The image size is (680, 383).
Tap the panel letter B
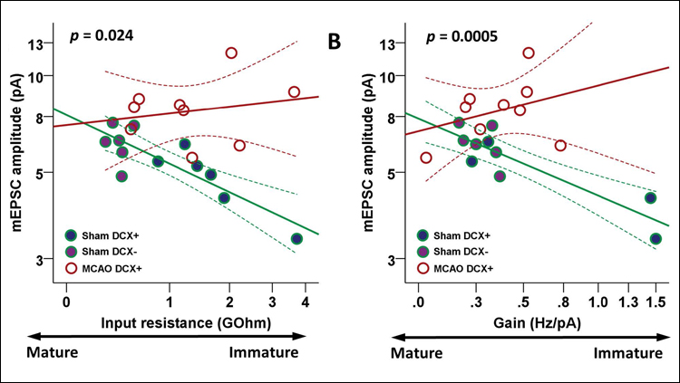334,40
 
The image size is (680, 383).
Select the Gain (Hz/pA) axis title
526,322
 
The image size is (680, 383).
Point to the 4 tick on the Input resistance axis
306,301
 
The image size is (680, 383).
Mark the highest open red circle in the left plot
231,53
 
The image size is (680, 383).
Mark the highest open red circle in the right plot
529,53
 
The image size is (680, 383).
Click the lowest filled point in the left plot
296,238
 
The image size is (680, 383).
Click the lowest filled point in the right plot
656,238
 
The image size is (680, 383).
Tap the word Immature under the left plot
264,353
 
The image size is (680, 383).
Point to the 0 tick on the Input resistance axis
66,301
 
